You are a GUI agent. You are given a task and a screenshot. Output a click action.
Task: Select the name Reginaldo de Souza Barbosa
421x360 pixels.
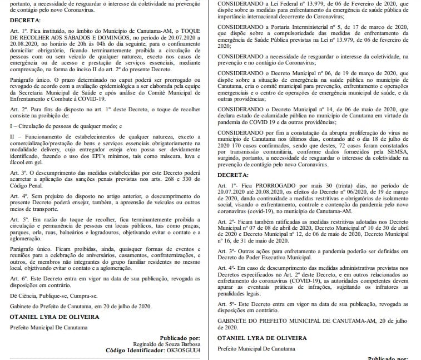[166, 344]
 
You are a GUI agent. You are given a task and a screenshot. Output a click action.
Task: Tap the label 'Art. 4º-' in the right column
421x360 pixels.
[225, 268]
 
